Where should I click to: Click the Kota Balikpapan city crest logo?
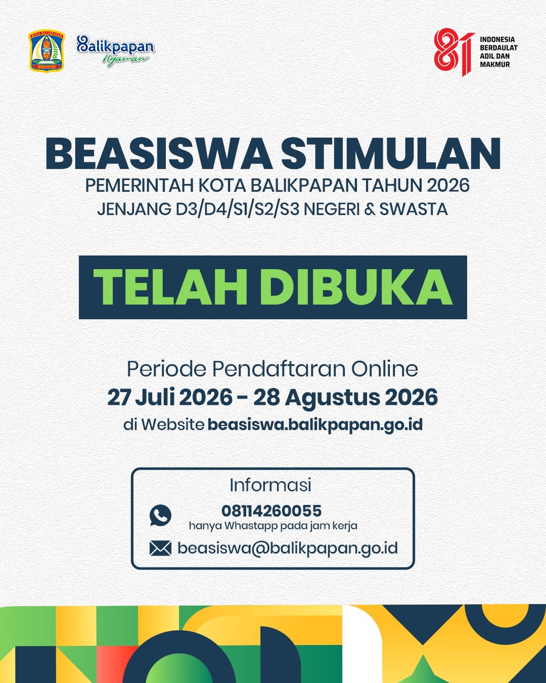(x=47, y=51)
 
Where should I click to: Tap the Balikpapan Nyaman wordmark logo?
(x=116, y=51)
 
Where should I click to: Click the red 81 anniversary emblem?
(x=454, y=52)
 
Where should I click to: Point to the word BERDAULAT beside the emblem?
(x=499, y=48)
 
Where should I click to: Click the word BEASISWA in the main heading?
(x=159, y=154)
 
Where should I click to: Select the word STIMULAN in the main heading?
(x=391, y=154)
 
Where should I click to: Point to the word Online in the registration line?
(x=384, y=369)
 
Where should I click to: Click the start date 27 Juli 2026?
(x=170, y=397)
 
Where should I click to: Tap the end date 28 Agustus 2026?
(x=345, y=397)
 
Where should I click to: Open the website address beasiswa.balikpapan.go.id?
(x=315, y=425)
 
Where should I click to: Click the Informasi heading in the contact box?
(x=271, y=485)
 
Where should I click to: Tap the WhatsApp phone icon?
(x=160, y=515)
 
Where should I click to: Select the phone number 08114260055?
(x=271, y=511)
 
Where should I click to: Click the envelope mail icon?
(x=160, y=548)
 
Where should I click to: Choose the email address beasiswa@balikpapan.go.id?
(x=288, y=548)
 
